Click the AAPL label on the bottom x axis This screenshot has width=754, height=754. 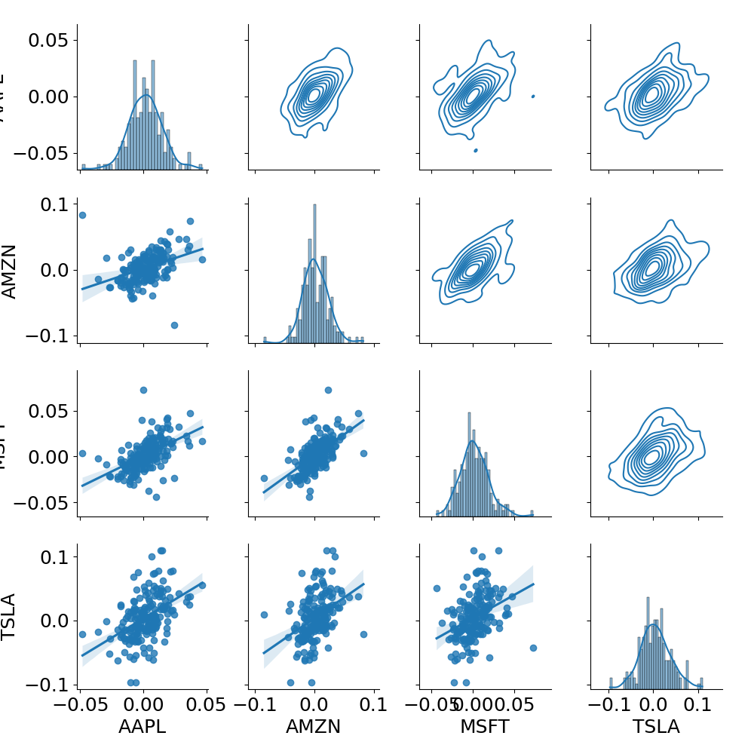tap(143, 727)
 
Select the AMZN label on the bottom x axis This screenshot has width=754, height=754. tap(313, 727)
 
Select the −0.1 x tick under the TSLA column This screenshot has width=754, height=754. tap(609, 704)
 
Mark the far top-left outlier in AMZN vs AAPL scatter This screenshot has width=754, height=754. tap(82, 215)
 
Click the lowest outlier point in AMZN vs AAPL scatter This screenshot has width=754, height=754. tap(174, 325)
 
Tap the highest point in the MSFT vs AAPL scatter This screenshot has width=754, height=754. tap(143, 390)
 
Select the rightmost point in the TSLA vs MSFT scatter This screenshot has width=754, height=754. tap(533, 648)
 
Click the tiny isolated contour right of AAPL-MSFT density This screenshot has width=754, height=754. tap(533, 96)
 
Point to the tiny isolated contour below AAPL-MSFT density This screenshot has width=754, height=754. tap(475, 150)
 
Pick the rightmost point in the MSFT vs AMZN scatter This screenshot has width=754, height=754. tap(363, 453)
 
